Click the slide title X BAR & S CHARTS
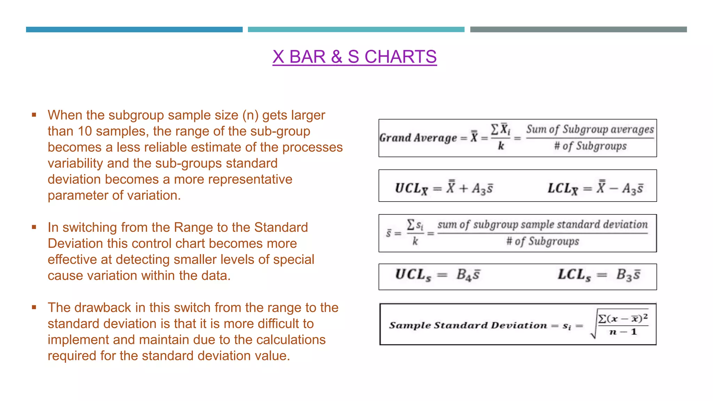[x=354, y=57]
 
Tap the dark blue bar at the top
[x=134, y=30]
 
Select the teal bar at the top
[x=356, y=30]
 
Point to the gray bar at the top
[x=578, y=30]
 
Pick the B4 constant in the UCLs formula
[x=464, y=275]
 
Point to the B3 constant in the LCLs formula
[x=624, y=275]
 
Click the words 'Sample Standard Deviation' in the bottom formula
[x=468, y=325]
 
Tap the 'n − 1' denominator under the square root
[x=623, y=332]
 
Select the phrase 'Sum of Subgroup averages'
[x=590, y=129]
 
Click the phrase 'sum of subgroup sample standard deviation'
[x=542, y=225]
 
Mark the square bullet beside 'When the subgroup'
[x=34, y=115]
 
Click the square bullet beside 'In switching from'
[x=34, y=227]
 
